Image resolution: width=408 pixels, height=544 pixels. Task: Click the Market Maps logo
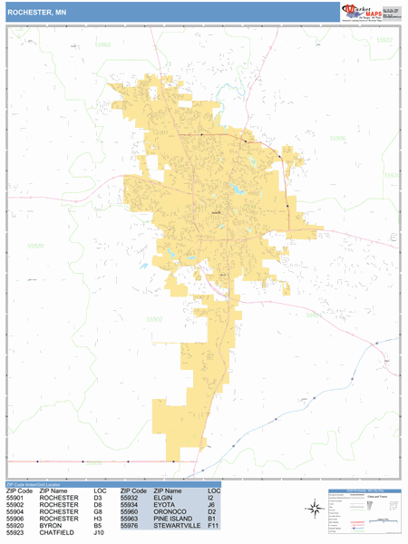coord(372,11)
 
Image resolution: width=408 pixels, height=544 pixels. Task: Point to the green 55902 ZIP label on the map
coord(155,319)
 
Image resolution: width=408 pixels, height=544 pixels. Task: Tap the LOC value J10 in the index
coord(100,533)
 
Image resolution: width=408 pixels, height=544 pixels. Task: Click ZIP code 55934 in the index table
coord(132,504)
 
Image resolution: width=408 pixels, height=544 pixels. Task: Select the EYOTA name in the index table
coord(163,504)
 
